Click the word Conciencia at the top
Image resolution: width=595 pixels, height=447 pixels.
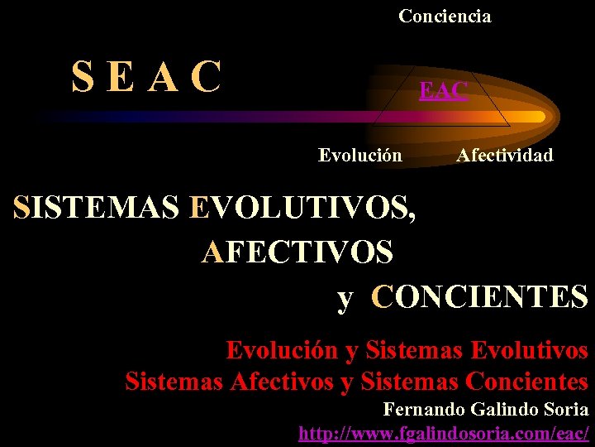pyautogui.click(x=445, y=16)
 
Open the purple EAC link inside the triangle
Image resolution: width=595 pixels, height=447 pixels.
pyautogui.click(x=443, y=90)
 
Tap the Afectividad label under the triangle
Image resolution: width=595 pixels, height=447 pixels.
pyautogui.click(x=505, y=155)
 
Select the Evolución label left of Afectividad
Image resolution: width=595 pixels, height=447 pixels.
pyautogui.click(x=360, y=155)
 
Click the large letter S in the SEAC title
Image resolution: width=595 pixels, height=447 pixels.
pyautogui.click(x=83, y=79)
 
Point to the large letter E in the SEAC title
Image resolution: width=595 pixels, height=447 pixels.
pyautogui.click(x=121, y=79)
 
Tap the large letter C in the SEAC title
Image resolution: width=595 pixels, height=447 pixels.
pyautogui.click(x=205, y=79)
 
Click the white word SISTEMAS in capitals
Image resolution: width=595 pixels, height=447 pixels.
pyautogui.click(x=97, y=207)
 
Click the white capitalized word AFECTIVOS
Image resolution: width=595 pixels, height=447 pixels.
pyautogui.click(x=297, y=251)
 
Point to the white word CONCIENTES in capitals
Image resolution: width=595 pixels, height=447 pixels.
pyautogui.click(x=479, y=296)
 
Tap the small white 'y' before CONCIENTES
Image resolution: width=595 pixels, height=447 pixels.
pyautogui.click(x=345, y=297)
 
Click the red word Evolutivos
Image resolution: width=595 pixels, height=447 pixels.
pyautogui.click(x=529, y=350)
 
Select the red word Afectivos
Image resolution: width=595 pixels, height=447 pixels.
pyautogui.click(x=282, y=382)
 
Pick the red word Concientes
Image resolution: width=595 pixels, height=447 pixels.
pyautogui.click(x=526, y=382)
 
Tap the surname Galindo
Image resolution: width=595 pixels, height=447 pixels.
pyautogui.click(x=503, y=409)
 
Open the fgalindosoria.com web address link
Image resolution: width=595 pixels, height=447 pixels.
pyautogui.click(x=444, y=432)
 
